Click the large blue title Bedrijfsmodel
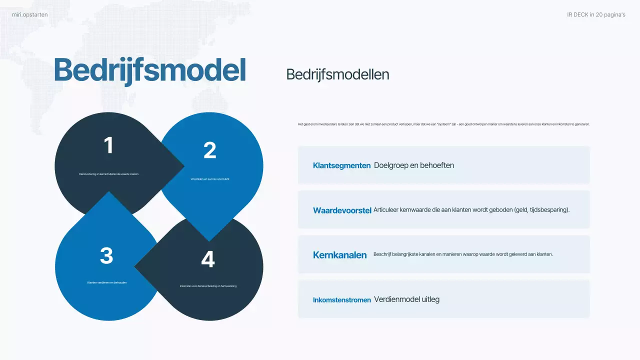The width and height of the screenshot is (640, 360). point(149,70)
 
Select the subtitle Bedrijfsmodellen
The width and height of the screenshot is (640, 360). point(337,74)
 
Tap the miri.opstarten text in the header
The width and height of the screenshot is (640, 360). point(30,14)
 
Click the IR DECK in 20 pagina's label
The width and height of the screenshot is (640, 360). point(596,14)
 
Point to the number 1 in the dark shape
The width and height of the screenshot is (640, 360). point(108,145)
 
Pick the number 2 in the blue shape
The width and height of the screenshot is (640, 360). point(209,150)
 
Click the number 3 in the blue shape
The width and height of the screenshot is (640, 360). point(106,255)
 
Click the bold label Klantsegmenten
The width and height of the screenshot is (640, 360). point(341,165)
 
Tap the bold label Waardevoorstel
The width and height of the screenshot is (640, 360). point(342,210)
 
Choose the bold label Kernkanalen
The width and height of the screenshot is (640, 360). point(340,255)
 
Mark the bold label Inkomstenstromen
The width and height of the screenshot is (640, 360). point(341,300)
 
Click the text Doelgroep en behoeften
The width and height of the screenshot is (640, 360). point(414,165)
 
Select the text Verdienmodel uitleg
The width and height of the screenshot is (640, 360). point(406,299)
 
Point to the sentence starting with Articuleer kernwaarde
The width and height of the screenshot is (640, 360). point(471,210)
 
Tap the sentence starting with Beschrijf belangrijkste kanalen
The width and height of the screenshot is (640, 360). point(463,254)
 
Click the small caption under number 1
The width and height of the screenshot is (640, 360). point(108,174)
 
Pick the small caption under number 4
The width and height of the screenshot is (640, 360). point(208,286)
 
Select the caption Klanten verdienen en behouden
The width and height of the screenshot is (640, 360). point(107,282)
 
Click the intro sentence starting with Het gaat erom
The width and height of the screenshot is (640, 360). point(443,124)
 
